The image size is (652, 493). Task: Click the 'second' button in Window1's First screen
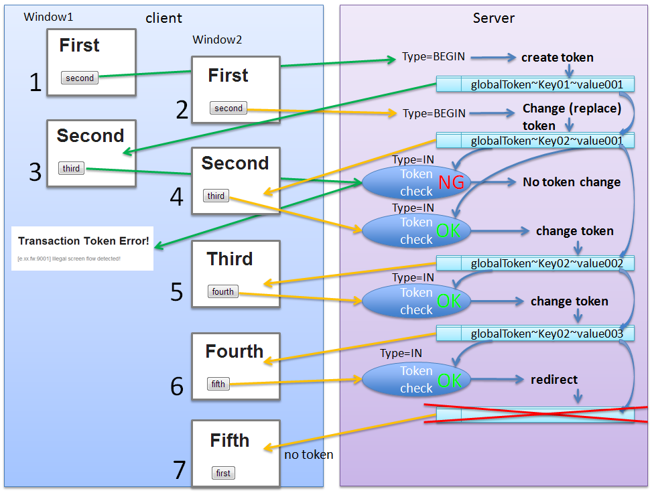(x=80, y=78)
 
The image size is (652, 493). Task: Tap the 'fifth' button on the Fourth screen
(x=218, y=384)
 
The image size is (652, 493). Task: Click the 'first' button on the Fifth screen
(x=223, y=473)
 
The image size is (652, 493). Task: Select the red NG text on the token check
(x=452, y=182)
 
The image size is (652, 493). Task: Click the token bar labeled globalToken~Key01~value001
(x=535, y=84)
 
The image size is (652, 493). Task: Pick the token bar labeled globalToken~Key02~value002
(x=535, y=263)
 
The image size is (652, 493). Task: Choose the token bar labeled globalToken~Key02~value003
(x=535, y=333)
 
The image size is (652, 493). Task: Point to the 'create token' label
(x=558, y=58)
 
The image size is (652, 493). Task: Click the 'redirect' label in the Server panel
(x=554, y=380)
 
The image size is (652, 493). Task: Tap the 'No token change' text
(x=572, y=182)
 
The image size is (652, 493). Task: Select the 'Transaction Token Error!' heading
(x=84, y=241)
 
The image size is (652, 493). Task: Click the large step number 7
(x=179, y=470)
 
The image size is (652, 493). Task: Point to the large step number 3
(x=36, y=172)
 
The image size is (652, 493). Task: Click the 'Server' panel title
(x=493, y=17)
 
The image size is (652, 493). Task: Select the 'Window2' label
(x=217, y=40)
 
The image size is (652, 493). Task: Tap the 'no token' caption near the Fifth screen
(x=308, y=455)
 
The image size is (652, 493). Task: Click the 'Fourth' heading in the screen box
(x=235, y=352)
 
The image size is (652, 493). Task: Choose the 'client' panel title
(x=164, y=18)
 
